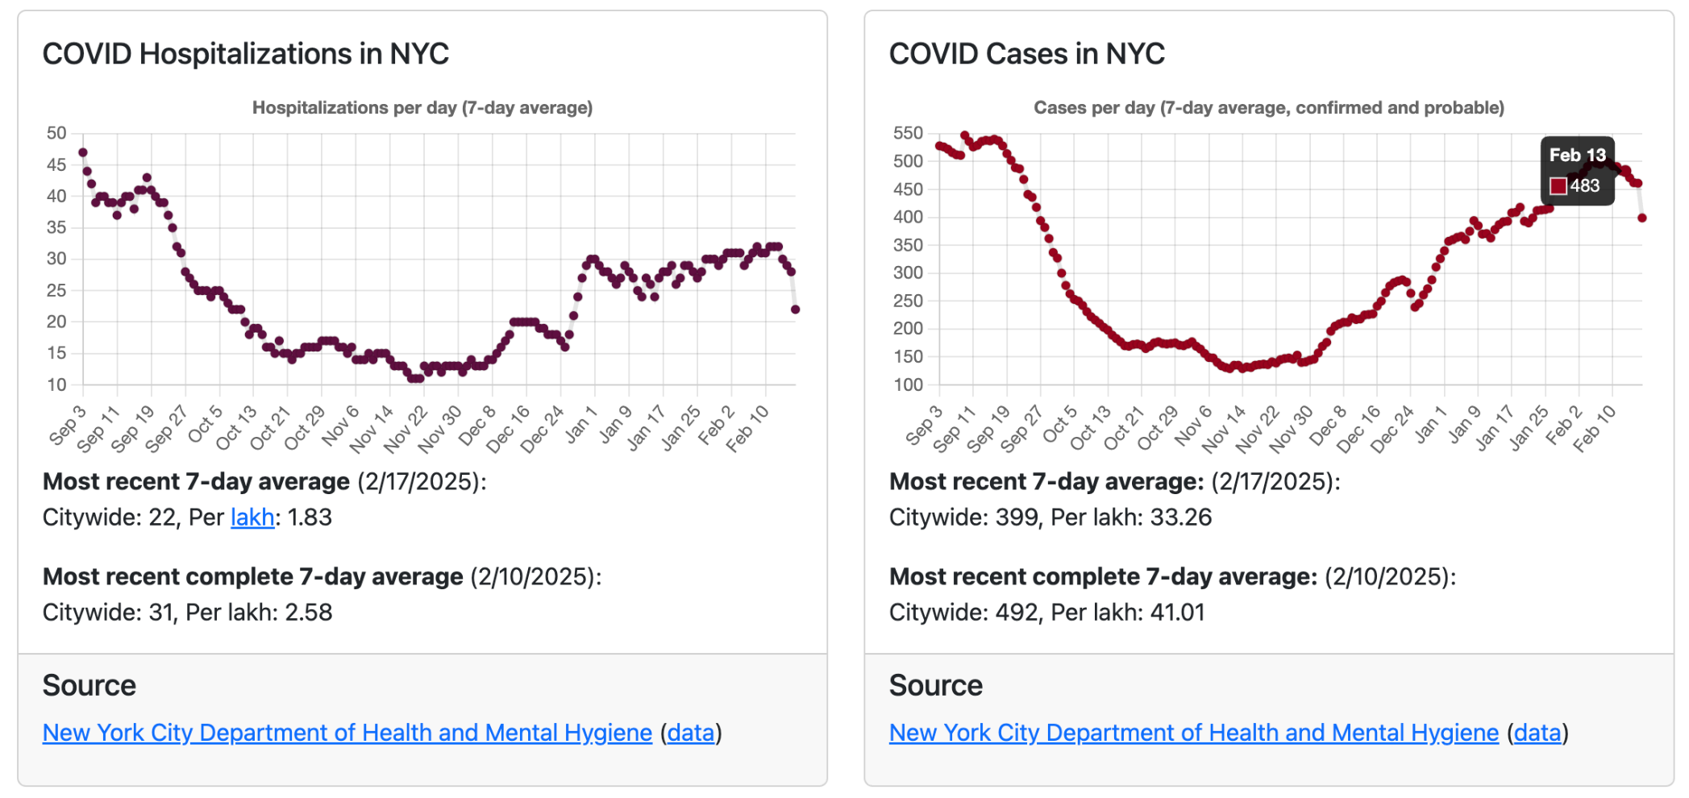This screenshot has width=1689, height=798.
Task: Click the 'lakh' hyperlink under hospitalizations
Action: click(252, 517)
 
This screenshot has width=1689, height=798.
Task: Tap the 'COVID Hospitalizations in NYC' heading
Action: click(246, 54)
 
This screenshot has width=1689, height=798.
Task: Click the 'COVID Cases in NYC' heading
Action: click(1026, 54)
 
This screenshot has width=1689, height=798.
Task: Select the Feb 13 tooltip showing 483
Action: click(1577, 171)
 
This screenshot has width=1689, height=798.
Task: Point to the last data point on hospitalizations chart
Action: click(795, 310)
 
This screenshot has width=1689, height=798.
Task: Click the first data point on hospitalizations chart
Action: click(83, 152)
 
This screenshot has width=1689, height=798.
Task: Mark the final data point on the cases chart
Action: click(1642, 218)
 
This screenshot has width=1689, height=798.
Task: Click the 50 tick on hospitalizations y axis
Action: click(56, 133)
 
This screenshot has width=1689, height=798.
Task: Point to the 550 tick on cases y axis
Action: click(908, 133)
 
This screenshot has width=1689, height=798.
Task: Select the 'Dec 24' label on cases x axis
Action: click(1392, 429)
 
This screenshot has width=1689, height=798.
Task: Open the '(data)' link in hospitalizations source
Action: click(691, 733)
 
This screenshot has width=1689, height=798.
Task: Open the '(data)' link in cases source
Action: click(1537, 733)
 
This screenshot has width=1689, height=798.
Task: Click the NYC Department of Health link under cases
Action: click(1193, 733)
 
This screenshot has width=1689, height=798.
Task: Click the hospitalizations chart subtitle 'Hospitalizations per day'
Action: click(422, 108)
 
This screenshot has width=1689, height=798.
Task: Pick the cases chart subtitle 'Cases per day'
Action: click(1269, 108)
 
